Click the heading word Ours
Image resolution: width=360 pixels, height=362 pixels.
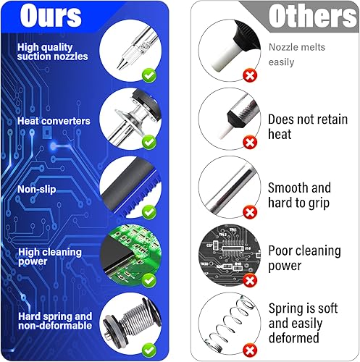[x=51, y=15]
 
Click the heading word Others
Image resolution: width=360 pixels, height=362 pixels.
[x=313, y=16]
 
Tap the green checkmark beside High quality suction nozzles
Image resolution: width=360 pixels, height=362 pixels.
[x=149, y=75]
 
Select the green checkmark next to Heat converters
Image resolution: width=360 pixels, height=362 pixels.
[x=149, y=143]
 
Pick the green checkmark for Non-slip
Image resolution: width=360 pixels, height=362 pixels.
[x=149, y=212]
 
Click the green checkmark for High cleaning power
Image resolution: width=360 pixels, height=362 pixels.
[x=149, y=281]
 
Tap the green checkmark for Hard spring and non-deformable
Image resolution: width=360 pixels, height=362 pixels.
[x=149, y=350]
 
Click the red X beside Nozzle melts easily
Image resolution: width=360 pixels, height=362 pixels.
[x=250, y=76]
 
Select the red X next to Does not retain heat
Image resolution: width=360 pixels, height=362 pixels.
[x=250, y=143]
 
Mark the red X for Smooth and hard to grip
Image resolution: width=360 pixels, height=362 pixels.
[x=250, y=212]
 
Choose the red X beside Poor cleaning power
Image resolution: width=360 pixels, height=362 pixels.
[x=250, y=281]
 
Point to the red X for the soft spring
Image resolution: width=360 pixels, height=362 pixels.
[x=250, y=350]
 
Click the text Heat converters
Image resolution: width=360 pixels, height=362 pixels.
[x=54, y=121]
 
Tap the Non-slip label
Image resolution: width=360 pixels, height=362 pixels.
[x=37, y=189]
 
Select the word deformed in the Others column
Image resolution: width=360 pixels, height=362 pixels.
[x=294, y=338]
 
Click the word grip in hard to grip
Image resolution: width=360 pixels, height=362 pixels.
[x=319, y=203]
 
